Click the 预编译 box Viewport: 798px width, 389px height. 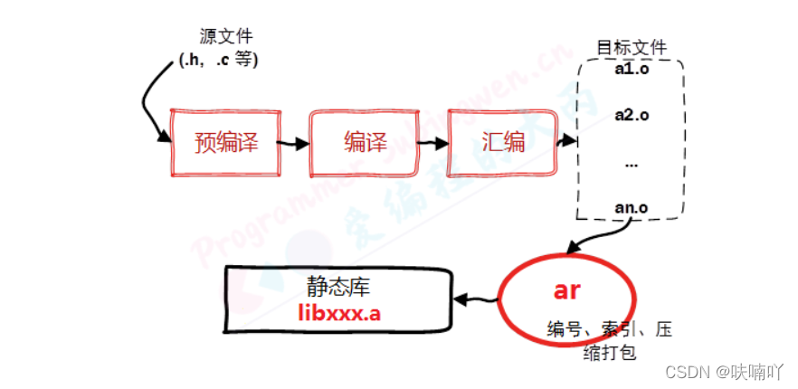[226, 143]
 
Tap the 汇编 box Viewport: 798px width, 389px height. [502, 142]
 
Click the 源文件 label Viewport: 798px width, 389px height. [226, 36]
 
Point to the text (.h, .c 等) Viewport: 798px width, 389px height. [219, 62]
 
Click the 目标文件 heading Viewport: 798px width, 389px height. [631, 48]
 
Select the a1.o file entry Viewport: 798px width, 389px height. [632, 69]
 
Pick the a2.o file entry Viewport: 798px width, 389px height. [632, 115]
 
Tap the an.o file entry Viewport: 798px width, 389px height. [631, 206]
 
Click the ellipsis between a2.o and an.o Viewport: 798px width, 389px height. [632, 163]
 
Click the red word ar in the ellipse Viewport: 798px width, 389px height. [566, 291]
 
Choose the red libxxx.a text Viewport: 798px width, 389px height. [339, 312]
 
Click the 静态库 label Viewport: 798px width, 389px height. [339, 287]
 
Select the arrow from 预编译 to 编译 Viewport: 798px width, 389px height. [291, 143]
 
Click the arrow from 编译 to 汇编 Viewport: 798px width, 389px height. [432, 143]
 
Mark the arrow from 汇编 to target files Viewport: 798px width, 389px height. [565, 142]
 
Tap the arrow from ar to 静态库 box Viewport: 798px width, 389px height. [475, 299]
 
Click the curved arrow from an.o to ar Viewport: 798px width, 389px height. [588, 238]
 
